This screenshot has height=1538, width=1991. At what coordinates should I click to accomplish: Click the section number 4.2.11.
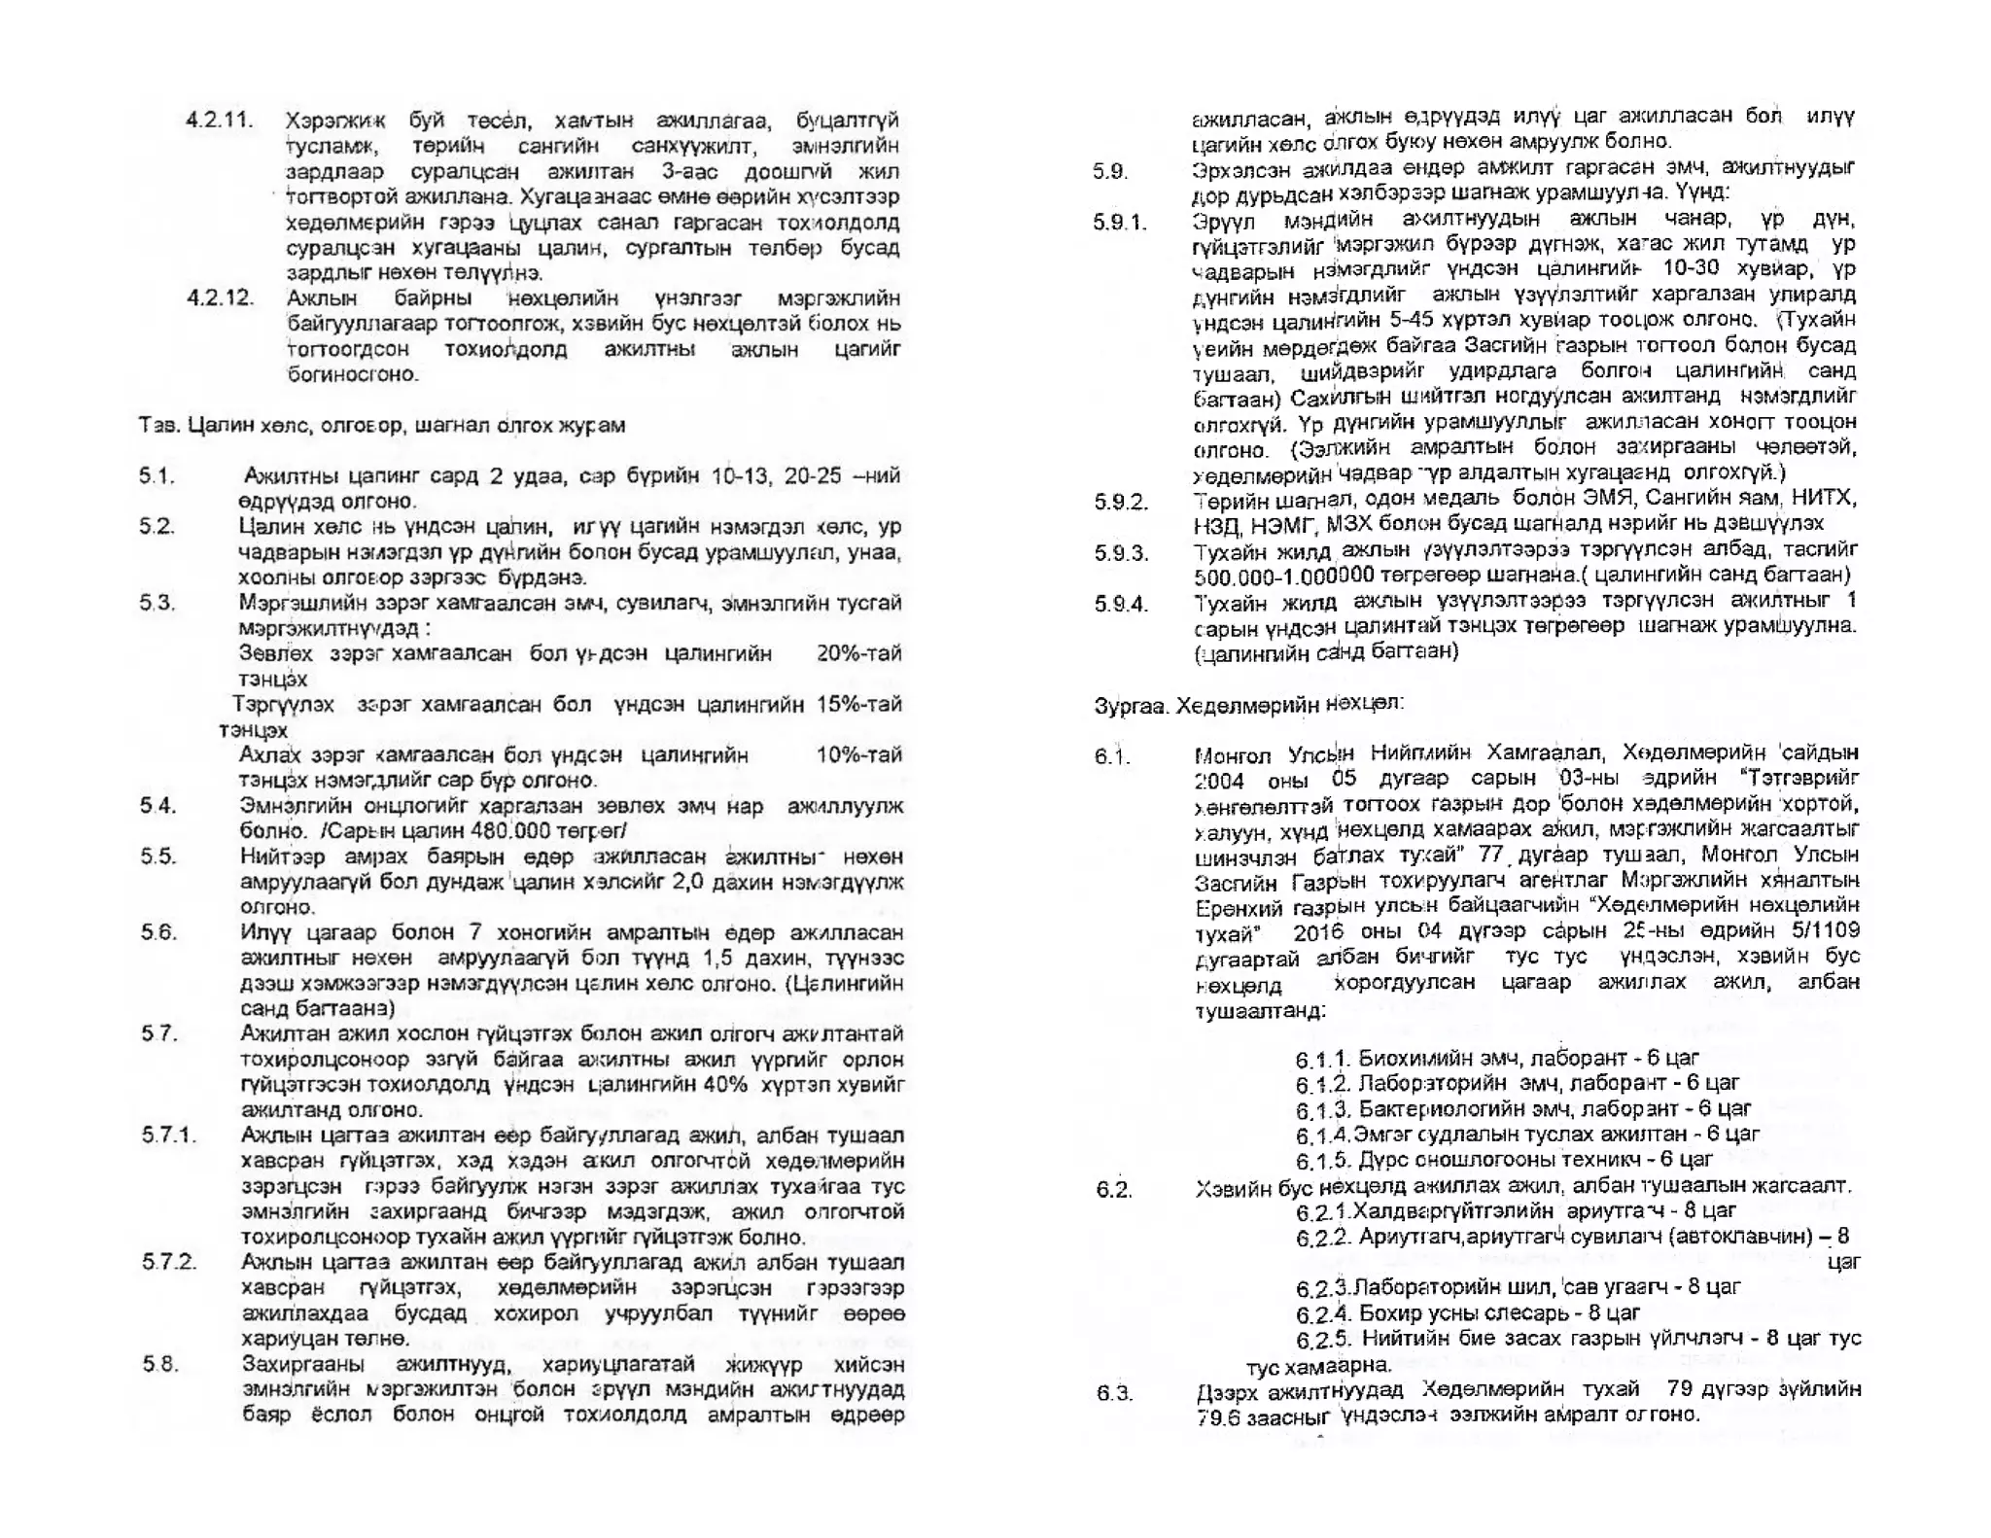[220, 121]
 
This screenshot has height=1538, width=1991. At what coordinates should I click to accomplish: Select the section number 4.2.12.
[220, 297]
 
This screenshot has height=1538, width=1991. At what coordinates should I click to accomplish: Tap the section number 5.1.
[156, 475]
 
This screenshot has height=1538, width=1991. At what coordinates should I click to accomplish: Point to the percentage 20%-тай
[858, 653]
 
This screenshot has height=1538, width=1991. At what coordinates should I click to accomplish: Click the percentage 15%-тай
[858, 704]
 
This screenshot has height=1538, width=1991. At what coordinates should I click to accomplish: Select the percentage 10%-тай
[858, 754]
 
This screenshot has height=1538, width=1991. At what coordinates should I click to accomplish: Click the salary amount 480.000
[510, 831]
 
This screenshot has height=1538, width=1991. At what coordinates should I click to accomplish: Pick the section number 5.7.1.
[168, 1135]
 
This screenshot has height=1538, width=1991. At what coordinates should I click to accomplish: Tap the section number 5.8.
[159, 1363]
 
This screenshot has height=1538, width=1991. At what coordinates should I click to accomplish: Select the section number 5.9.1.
[1120, 223]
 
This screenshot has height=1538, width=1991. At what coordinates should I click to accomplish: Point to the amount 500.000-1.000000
[1283, 577]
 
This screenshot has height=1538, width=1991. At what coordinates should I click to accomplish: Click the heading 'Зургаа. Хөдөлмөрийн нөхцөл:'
[1248, 704]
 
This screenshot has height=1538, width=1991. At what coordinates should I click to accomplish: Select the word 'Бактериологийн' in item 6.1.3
[1428, 1108]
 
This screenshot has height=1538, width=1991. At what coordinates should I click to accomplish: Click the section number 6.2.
[1113, 1189]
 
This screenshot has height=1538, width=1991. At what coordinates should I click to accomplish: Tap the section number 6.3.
[1113, 1393]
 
